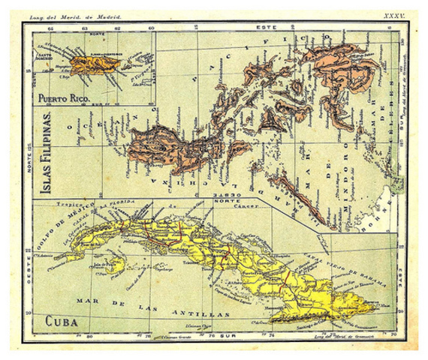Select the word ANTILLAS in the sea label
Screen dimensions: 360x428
tap(188, 310)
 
